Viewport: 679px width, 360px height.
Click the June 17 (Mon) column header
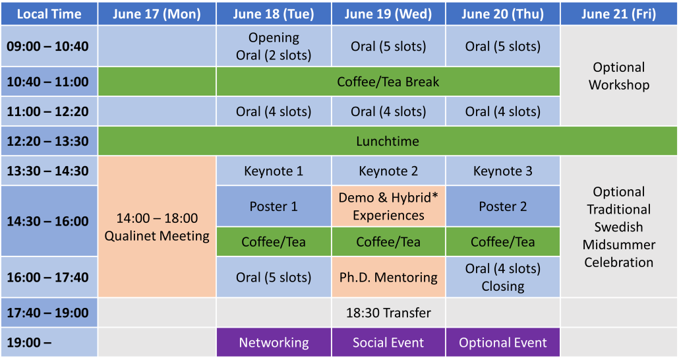157,14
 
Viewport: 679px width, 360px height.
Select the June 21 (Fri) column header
618,14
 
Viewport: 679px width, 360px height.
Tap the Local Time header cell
49,14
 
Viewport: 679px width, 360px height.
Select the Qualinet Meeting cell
157,227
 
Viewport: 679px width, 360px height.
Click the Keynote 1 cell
274,171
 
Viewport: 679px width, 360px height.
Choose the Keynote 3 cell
503,171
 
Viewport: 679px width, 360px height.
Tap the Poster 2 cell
503,206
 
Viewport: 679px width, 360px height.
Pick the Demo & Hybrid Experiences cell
388,206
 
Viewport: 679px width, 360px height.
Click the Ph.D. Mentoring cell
388,278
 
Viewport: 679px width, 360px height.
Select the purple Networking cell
274,342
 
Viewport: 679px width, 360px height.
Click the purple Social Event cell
388,342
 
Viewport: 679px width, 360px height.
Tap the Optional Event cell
503,342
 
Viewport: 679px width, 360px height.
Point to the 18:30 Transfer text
388,313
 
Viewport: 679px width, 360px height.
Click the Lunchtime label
388,141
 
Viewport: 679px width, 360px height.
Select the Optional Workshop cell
618,76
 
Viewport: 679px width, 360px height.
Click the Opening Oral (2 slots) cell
274,46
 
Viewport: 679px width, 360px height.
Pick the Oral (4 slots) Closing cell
503,278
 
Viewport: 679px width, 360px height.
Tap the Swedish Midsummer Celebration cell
618,227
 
